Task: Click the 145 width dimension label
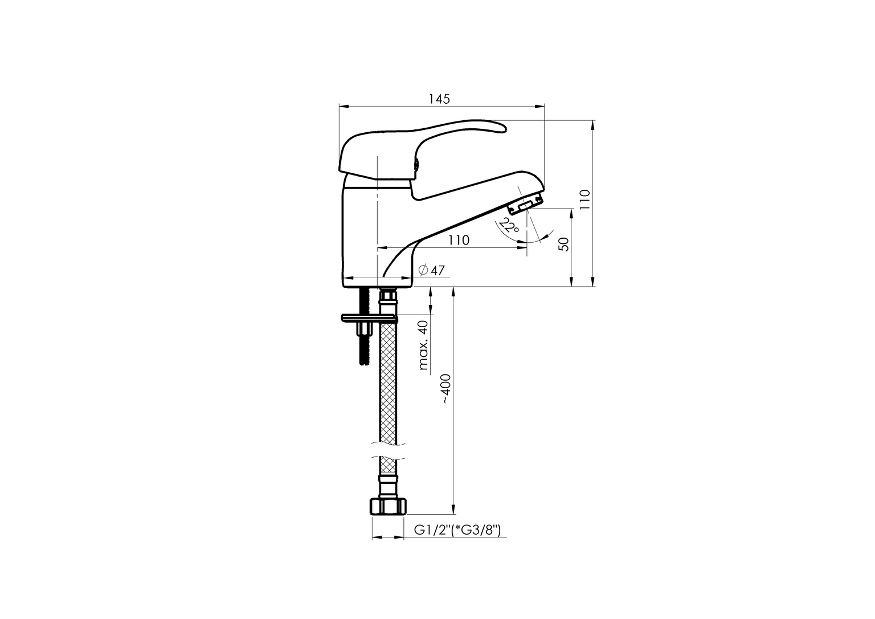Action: pyautogui.click(x=439, y=99)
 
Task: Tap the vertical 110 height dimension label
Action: pyautogui.click(x=585, y=199)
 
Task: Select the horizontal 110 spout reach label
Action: pyautogui.click(x=459, y=240)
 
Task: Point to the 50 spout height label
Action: pyautogui.click(x=565, y=245)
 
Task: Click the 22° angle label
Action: pyautogui.click(x=509, y=226)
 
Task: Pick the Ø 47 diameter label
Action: pyautogui.click(x=431, y=270)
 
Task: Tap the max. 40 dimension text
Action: pyautogui.click(x=423, y=345)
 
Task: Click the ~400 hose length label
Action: pyautogui.click(x=447, y=389)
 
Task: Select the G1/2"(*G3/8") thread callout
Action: pyautogui.click(x=457, y=530)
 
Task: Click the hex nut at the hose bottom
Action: pyautogui.click(x=388, y=506)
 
